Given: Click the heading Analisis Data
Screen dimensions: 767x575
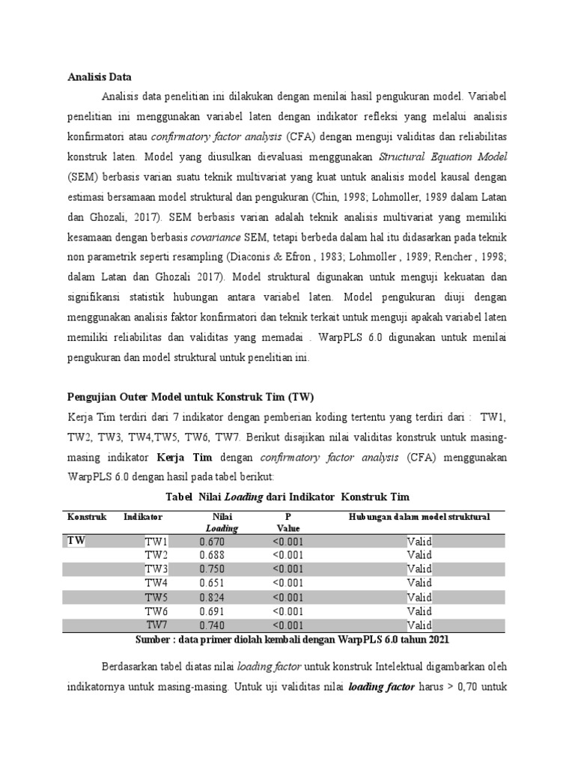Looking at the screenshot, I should [x=100, y=76].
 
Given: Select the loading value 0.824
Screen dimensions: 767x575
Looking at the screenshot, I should [x=212, y=597].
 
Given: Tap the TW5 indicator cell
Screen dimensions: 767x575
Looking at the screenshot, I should [x=156, y=597].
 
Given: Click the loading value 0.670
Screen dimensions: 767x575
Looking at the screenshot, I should [x=212, y=542].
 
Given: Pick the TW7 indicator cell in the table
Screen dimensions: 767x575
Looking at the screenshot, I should [x=156, y=625].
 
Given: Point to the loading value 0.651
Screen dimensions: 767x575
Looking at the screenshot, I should [x=212, y=583].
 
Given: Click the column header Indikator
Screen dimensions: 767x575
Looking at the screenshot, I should [x=143, y=517].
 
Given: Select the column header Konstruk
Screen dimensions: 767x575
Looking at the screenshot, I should [x=88, y=517].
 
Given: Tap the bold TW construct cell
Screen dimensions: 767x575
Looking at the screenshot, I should [x=76, y=541].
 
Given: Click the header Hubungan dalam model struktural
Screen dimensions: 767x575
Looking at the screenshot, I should [x=419, y=517].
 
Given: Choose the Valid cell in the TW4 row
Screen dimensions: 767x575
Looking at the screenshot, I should [x=419, y=583].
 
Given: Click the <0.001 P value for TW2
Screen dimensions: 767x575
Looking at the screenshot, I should [x=288, y=555].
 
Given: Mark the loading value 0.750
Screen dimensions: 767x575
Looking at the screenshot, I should [x=212, y=569].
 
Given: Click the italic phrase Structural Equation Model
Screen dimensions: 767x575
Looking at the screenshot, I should [x=443, y=157].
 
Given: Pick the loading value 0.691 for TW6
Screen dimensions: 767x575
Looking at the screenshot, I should [x=212, y=610].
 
